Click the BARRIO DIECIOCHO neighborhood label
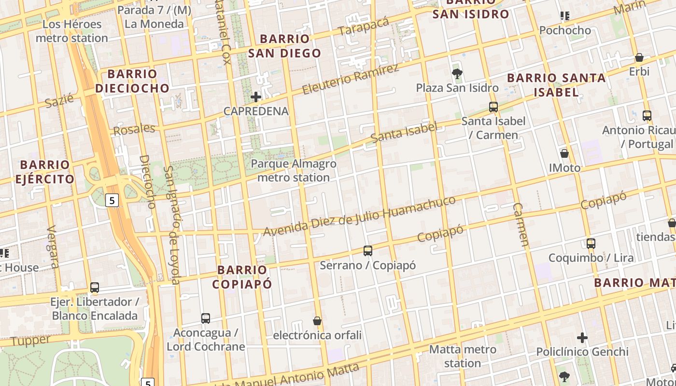[132, 81]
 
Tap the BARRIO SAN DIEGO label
[284, 46]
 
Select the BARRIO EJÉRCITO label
[45, 172]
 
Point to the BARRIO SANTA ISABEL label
[556, 84]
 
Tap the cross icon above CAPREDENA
[256, 97]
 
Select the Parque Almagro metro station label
[294, 171]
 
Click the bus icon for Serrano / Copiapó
[368, 251]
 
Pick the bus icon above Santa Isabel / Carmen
[493, 107]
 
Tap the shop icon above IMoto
[564, 154]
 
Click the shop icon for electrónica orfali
[317, 321]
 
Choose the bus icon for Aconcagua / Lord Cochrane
[206, 318]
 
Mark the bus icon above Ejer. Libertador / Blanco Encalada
[95, 288]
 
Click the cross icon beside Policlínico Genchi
[582, 338]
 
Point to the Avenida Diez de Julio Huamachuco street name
[359, 216]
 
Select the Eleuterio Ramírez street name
[351, 79]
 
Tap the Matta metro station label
[463, 356]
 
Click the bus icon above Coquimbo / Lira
[591, 244]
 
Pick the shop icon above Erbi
[639, 57]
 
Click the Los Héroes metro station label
[72, 31]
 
